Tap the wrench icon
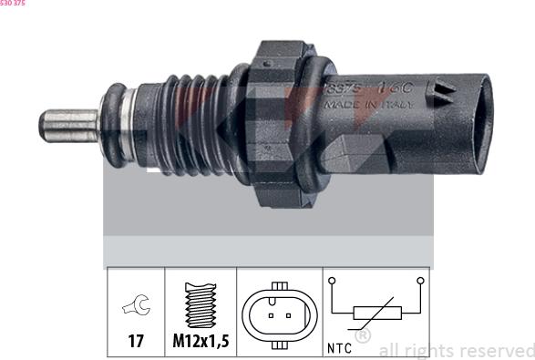pyautogui.click(x=135, y=308)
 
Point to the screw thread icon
pyautogui.click(x=200, y=306)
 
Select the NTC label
pyautogui.click(x=339, y=348)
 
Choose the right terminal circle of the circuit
pyautogui.click(x=418, y=282)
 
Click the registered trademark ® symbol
pyautogui.click(x=362, y=335)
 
